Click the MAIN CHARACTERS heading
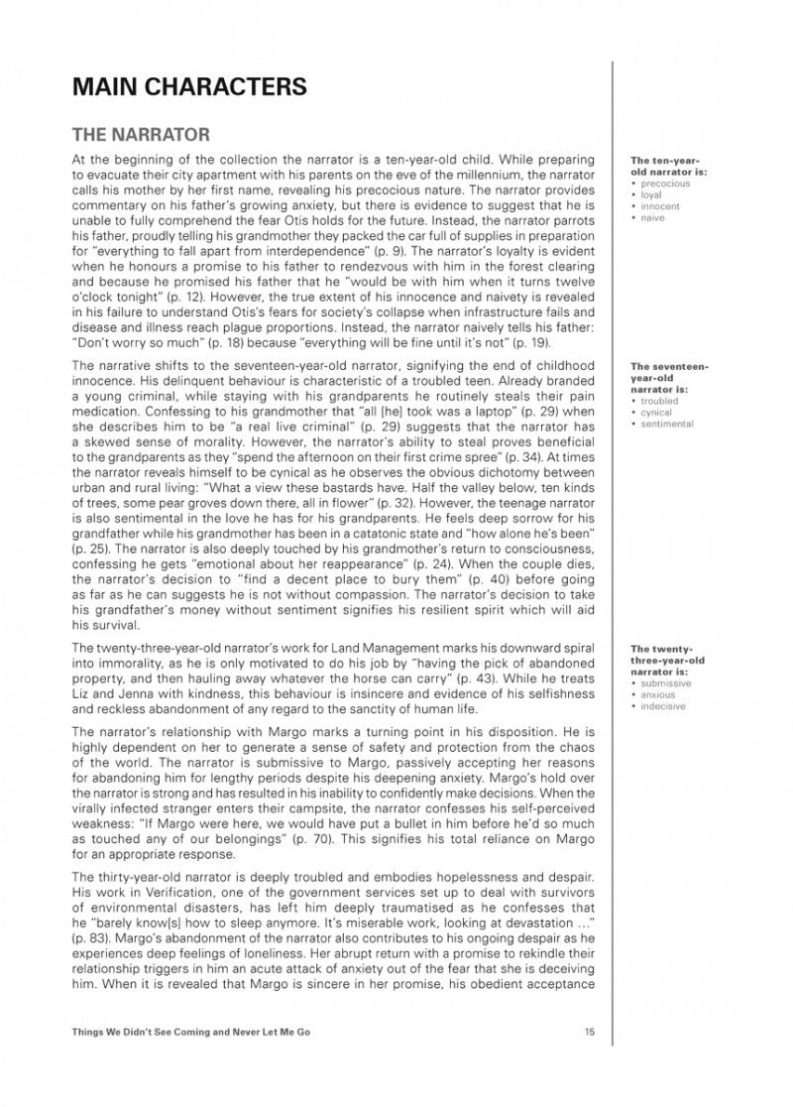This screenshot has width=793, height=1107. tap(189, 87)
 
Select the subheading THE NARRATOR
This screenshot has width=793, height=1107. tap(141, 133)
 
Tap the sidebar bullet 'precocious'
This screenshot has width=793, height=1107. tap(664, 184)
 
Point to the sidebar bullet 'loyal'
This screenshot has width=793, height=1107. tap(651, 195)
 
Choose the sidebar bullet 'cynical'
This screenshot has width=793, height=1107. tap(656, 413)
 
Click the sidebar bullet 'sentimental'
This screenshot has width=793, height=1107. tap(667, 425)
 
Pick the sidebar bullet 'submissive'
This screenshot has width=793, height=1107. tap(666, 683)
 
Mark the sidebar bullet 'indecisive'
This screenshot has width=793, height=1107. tap(665, 706)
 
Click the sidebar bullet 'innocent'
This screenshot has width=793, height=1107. tap(659, 206)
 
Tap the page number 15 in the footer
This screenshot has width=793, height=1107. tap(590, 1033)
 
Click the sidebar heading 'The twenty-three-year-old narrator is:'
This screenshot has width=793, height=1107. tap(667, 660)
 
